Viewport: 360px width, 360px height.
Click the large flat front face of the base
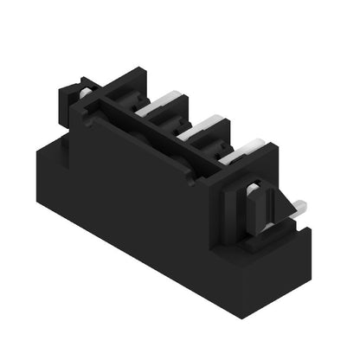coord(147,216)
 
